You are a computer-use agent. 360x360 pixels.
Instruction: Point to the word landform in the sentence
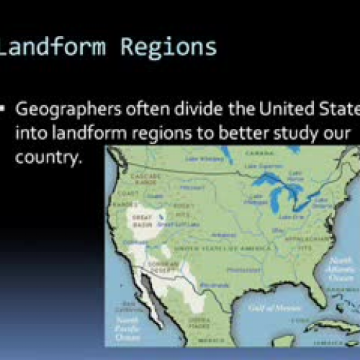point(79,134)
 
